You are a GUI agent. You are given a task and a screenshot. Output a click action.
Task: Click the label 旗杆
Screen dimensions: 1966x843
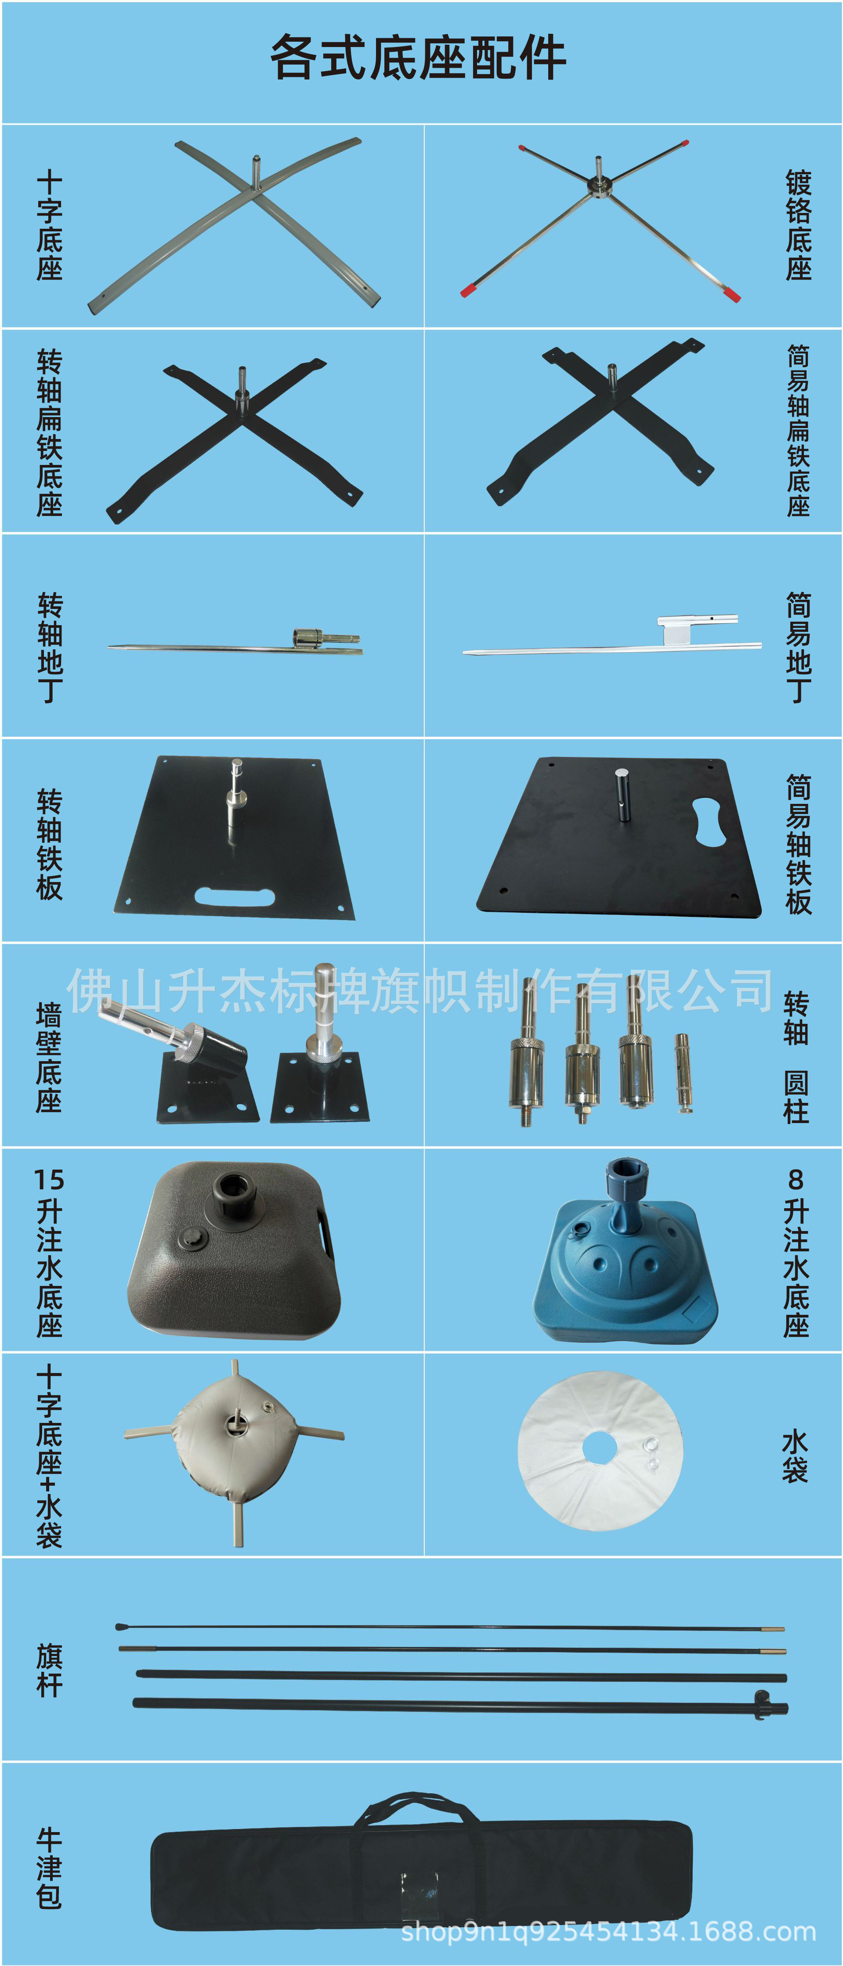(x=49, y=1670)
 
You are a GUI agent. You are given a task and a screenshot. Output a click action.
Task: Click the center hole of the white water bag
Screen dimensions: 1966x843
(x=600, y=1448)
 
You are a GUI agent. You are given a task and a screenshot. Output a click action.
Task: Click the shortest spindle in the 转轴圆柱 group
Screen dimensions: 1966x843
(x=682, y=1072)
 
